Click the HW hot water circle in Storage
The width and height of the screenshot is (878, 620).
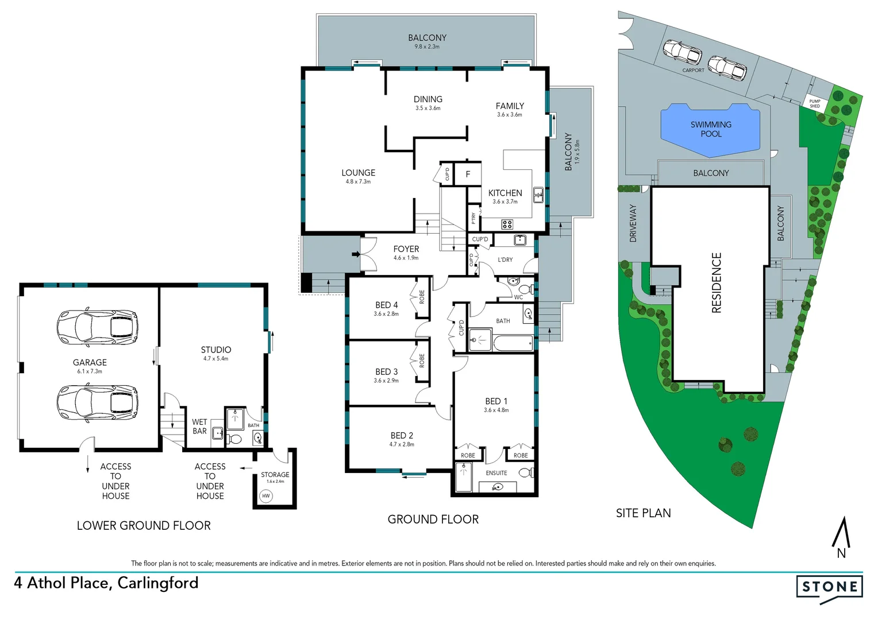pyautogui.click(x=265, y=496)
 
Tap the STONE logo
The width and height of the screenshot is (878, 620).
pyautogui.click(x=829, y=587)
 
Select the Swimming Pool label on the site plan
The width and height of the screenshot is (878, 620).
pyautogui.click(x=711, y=129)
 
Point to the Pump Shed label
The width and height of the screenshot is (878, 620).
pyautogui.click(x=815, y=103)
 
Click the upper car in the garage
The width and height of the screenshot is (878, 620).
pyautogui.click(x=97, y=328)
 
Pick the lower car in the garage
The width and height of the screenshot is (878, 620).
pyautogui.click(x=97, y=402)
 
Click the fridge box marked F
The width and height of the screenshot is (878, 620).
pyautogui.click(x=468, y=174)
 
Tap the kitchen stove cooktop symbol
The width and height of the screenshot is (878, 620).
pyautogui.click(x=507, y=224)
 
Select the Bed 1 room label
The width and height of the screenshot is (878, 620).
pyautogui.click(x=496, y=401)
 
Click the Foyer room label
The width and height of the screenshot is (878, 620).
pyautogui.click(x=406, y=249)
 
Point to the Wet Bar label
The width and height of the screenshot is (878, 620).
pyautogui.click(x=199, y=427)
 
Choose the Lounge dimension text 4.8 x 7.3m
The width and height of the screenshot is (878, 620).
pyautogui.click(x=358, y=182)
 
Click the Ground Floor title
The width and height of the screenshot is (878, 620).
pyautogui.click(x=433, y=520)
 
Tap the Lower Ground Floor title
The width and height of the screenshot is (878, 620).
pyautogui.click(x=144, y=526)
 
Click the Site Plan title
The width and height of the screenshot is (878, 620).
pyautogui.click(x=643, y=513)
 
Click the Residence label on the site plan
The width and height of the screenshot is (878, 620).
pyautogui.click(x=717, y=283)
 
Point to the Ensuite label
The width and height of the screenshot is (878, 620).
pyautogui.click(x=496, y=473)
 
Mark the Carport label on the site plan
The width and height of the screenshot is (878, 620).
pyautogui.click(x=693, y=71)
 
